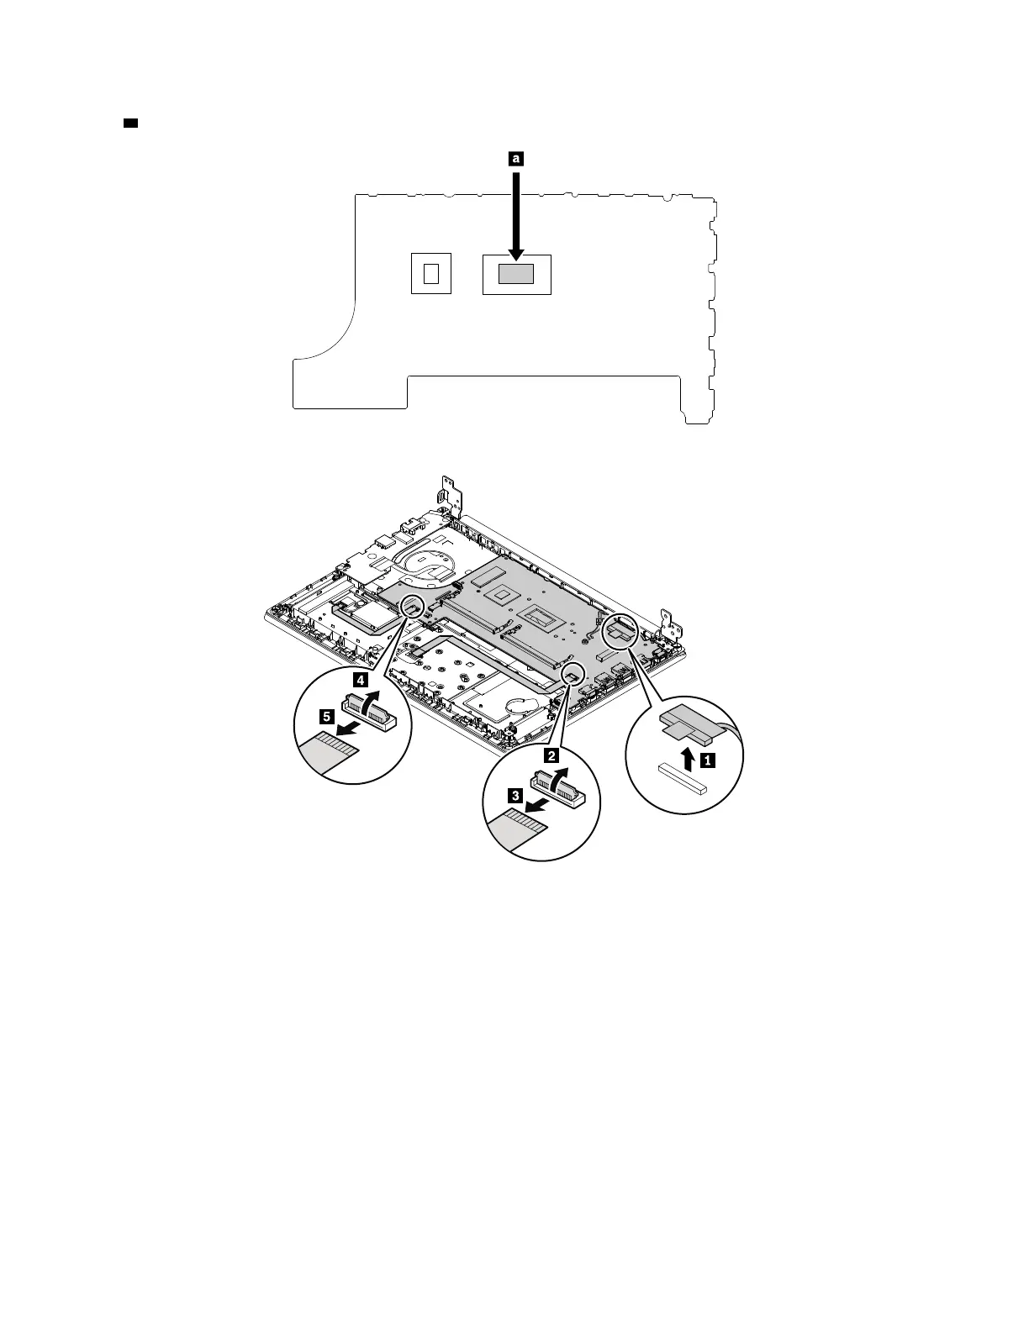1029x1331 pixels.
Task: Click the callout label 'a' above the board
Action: tap(516, 157)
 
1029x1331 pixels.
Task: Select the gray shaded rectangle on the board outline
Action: tap(516, 273)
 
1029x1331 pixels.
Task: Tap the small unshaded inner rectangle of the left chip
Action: tap(431, 273)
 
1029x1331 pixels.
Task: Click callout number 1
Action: tap(709, 760)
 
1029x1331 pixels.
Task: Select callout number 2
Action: tap(551, 755)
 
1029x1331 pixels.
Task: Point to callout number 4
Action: tap(359, 678)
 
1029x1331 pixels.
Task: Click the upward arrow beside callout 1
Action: tap(689, 759)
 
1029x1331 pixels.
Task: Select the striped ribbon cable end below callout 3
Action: tap(520, 824)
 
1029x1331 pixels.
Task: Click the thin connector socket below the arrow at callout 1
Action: tap(683, 781)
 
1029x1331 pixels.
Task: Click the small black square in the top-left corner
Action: tap(130, 124)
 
